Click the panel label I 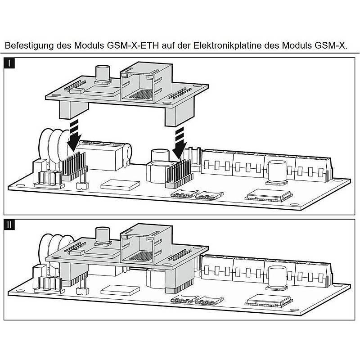point(10,63)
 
